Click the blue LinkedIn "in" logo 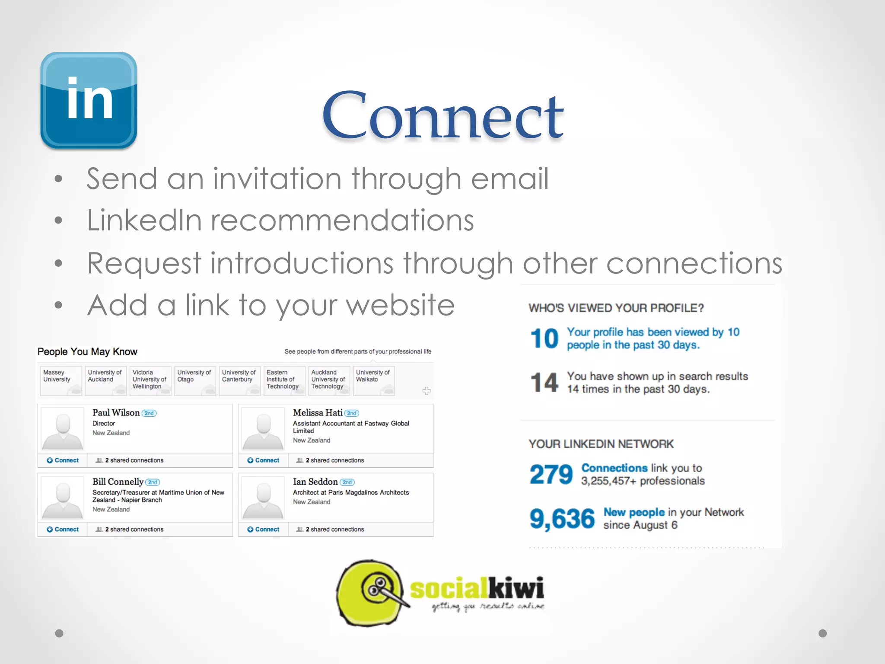point(89,100)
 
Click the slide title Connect point(442,116)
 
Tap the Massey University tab point(60,380)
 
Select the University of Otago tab point(194,380)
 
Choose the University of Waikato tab point(373,380)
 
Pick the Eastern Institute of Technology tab point(283,380)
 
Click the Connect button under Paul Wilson point(63,460)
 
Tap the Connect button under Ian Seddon point(264,530)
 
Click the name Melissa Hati point(318,413)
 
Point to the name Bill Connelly point(118,482)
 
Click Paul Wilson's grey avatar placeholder point(63,428)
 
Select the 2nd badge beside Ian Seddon point(347,482)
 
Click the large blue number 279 point(551,474)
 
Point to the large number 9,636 point(562,519)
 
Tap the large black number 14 point(544,383)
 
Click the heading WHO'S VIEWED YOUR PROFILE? point(616,308)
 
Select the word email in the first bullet point(509,179)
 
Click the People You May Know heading point(87,352)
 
